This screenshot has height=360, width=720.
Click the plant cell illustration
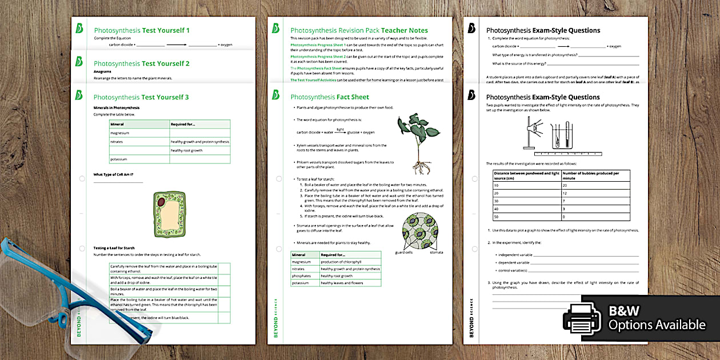coord(169,214)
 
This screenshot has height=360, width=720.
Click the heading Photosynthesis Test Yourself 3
coord(141,97)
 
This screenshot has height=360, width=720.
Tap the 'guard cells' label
coord(404,252)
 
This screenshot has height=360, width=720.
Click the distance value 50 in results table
coord(496,217)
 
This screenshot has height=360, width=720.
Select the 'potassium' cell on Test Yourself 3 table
coord(118,159)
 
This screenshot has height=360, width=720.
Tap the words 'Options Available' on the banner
coord(657,325)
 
